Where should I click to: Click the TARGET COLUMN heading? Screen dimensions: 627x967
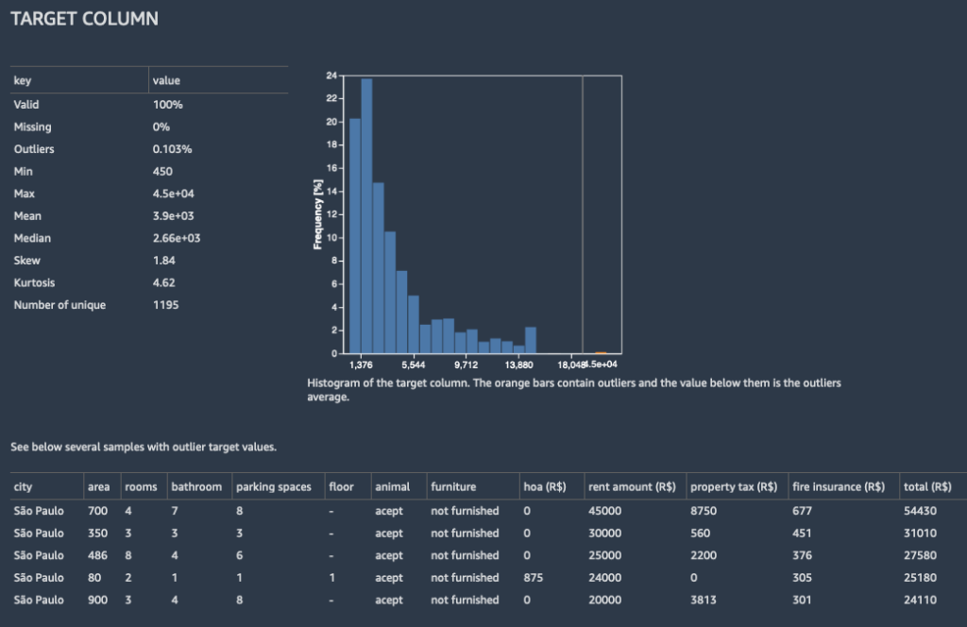(84, 19)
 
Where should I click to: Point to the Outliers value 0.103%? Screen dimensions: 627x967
(171, 149)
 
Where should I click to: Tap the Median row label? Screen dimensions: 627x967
(32, 238)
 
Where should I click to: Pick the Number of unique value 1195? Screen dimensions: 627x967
(166, 305)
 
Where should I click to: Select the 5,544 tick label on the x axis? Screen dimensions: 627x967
(413, 364)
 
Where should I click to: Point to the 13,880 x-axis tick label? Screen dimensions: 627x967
(518, 364)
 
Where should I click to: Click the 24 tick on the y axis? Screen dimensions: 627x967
(331, 76)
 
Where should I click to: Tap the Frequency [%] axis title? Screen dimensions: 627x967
(318, 214)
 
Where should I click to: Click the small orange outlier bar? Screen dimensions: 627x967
(601, 352)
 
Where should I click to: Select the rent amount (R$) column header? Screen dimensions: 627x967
(632, 487)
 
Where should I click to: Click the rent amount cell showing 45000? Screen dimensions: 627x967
(605, 510)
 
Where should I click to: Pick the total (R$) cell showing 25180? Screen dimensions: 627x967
(921, 577)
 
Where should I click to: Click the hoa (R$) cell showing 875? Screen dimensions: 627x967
(534, 577)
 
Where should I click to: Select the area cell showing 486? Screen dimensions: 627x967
(97, 555)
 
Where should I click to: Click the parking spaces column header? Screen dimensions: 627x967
(273, 487)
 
